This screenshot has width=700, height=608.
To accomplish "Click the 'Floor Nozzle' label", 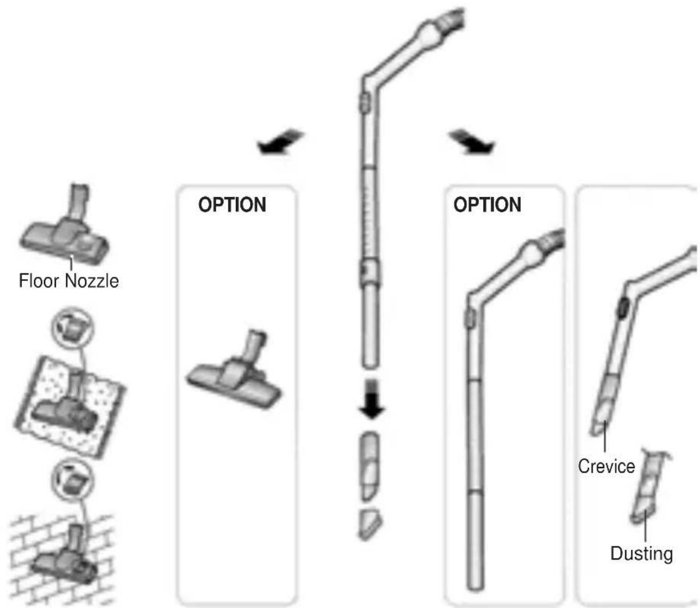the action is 69,281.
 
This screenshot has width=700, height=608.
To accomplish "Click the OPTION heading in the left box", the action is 232,204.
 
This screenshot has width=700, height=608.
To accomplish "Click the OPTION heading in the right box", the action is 487,204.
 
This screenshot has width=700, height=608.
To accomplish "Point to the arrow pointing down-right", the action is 472,141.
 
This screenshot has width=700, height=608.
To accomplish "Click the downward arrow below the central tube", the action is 372,398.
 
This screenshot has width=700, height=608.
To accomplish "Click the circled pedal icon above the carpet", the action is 72,328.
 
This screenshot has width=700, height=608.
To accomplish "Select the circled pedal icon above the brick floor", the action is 72,480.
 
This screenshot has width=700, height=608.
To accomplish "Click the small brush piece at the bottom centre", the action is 370,525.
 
